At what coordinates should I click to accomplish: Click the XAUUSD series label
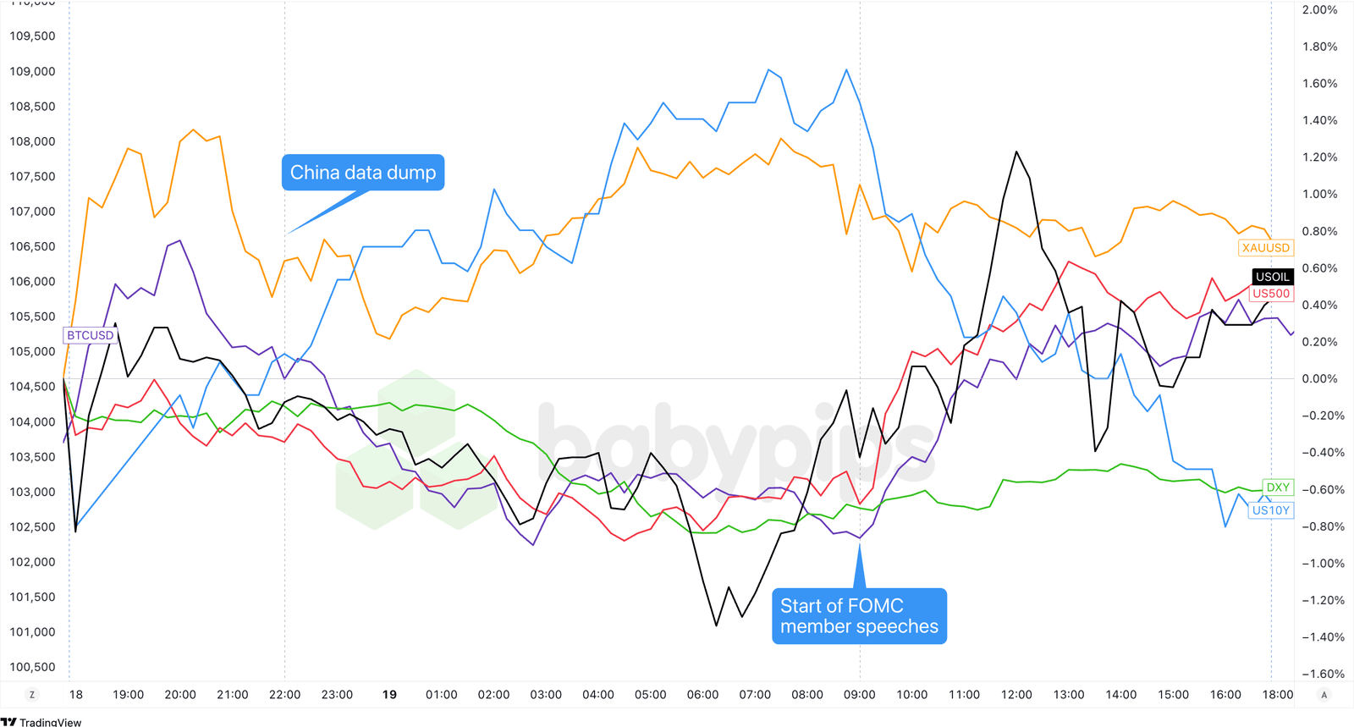pyautogui.click(x=1265, y=248)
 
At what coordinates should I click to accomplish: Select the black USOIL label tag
pyautogui.click(x=1272, y=277)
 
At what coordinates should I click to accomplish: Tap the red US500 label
pyautogui.click(x=1271, y=294)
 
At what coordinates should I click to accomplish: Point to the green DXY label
pyautogui.click(x=1277, y=487)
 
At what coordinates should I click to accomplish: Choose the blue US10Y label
pyautogui.click(x=1270, y=510)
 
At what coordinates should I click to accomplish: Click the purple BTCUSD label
pyautogui.click(x=90, y=335)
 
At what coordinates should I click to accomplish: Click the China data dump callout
pyautogui.click(x=363, y=173)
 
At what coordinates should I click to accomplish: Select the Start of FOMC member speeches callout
pyautogui.click(x=859, y=616)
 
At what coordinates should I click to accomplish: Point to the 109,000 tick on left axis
pyautogui.click(x=32, y=71)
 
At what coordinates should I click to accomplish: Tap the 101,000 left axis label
pyautogui.click(x=32, y=632)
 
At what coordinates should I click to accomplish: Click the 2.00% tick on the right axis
pyautogui.click(x=1319, y=10)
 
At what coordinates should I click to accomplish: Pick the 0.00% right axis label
pyautogui.click(x=1319, y=379)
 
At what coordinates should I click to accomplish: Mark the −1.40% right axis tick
pyautogui.click(x=1322, y=637)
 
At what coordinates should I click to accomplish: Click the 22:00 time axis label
pyautogui.click(x=284, y=695)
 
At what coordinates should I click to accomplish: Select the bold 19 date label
pyautogui.click(x=389, y=695)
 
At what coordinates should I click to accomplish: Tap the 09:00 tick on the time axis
pyautogui.click(x=859, y=695)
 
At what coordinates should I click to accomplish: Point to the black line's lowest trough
pyautogui.click(x=717, y=625)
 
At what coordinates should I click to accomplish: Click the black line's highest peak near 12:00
pyautogui.click(x=1015, y=152)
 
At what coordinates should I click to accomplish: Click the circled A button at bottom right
pyautogui.click(x=1324, y=695)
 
